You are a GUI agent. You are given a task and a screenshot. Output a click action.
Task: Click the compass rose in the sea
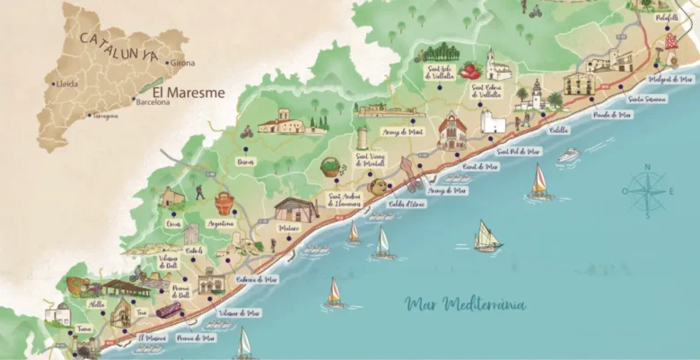tap(645, 191)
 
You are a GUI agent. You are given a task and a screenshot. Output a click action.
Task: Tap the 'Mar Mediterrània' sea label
tap(466, 303)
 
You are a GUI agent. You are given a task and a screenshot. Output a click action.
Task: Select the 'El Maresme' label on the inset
tap(188, 92)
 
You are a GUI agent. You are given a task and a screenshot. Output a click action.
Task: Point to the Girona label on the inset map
tap(182, 62)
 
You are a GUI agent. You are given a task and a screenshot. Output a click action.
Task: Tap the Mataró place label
tap(288, 229)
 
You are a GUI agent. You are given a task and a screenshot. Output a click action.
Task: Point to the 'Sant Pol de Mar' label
tap(519, 152)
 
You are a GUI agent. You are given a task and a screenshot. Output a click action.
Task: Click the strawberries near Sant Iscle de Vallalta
tap(469, 70)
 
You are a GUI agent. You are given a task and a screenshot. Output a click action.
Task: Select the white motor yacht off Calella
tap(569, 156)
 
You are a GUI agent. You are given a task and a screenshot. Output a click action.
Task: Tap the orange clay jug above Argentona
tap(224, 201)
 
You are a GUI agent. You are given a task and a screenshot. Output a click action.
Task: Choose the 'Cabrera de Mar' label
tap(256, 279)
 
